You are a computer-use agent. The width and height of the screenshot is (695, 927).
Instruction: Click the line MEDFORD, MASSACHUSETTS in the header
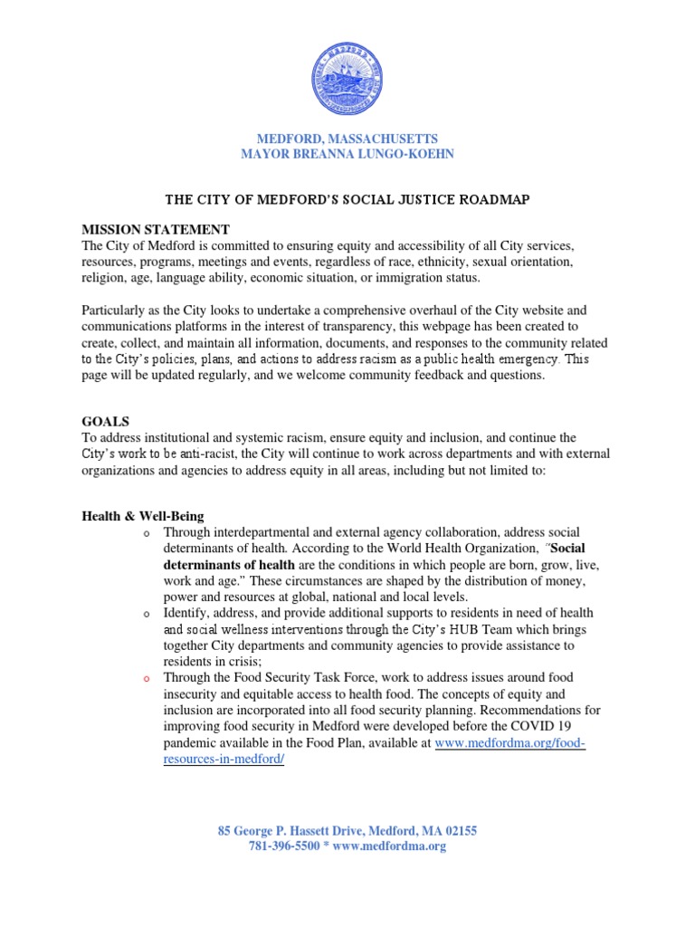(347, 139)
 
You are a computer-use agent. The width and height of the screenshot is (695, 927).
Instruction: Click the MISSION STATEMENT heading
(156, 229)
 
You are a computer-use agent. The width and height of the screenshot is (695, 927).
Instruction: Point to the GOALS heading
(106, 422)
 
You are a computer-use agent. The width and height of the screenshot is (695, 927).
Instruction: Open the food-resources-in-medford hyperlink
(510, 742)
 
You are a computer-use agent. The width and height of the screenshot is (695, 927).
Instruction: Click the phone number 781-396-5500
(284, 846)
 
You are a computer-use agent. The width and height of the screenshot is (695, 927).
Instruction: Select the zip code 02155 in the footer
(459, 830)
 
